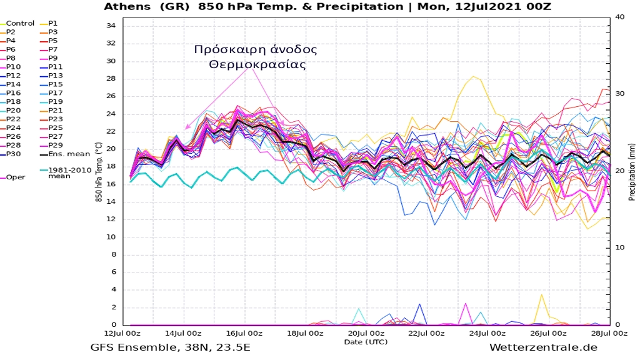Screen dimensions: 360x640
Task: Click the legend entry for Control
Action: click(19, 23)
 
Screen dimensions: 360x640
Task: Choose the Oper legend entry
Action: click(16, 177)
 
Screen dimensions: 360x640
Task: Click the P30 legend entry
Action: click(14, 154)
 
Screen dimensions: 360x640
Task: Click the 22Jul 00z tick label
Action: click(427, 333)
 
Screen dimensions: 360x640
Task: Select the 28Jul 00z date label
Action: click(609, 333)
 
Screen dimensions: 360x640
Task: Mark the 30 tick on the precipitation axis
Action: click(618, 94)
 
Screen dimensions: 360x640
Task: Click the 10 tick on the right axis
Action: click(618, 248)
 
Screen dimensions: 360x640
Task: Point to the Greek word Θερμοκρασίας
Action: click(256, 64)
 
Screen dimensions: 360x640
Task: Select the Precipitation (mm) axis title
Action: click(632, 171)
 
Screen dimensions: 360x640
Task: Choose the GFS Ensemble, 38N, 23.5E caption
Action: click(170, 347)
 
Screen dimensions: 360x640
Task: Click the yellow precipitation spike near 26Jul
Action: click(541, 295)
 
